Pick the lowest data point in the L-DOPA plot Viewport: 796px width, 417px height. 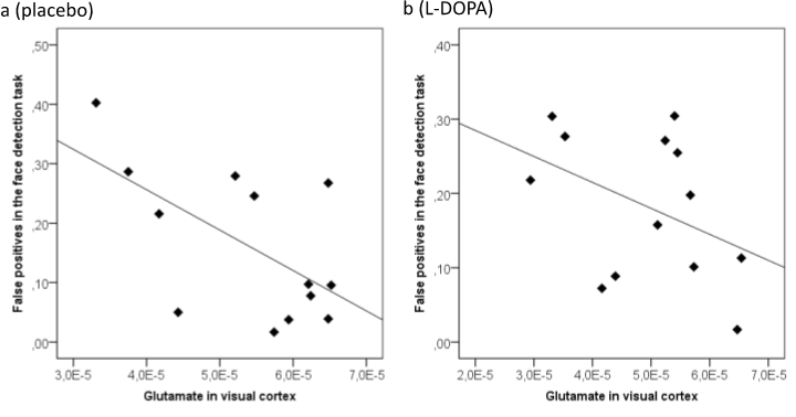(x=737, y=330)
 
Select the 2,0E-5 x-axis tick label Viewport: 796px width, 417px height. (x=475, y=376)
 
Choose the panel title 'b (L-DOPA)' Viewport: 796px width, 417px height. (x=448, y=9)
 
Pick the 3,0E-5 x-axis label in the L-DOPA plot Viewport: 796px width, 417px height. (x=534, y=376)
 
